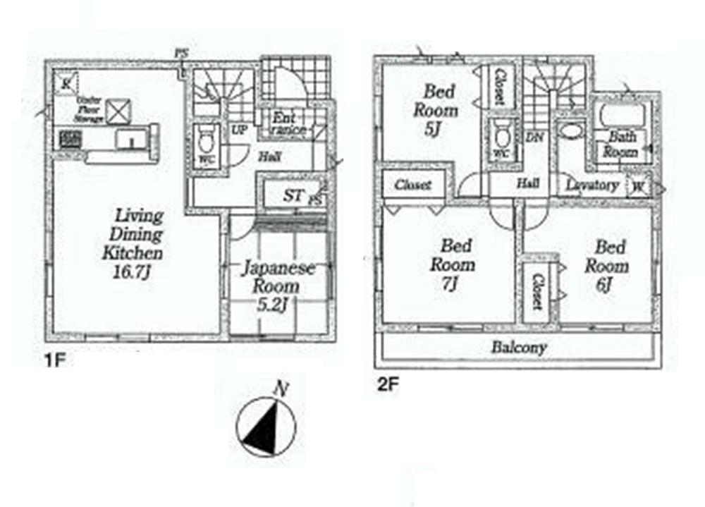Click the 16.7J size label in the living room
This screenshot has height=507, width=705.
click(133, 271)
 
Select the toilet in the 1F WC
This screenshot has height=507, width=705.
click(207, 141)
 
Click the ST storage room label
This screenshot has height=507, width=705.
click(294, 195)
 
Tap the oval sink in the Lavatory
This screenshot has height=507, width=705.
click(568, 131)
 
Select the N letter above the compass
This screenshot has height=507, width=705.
click(281, 389)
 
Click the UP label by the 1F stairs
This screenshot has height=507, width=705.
click(239, 130)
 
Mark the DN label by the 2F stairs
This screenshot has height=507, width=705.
click(534, 138)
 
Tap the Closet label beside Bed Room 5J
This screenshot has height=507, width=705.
click(500, 87)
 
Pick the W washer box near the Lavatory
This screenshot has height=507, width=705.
click(639, 186)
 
